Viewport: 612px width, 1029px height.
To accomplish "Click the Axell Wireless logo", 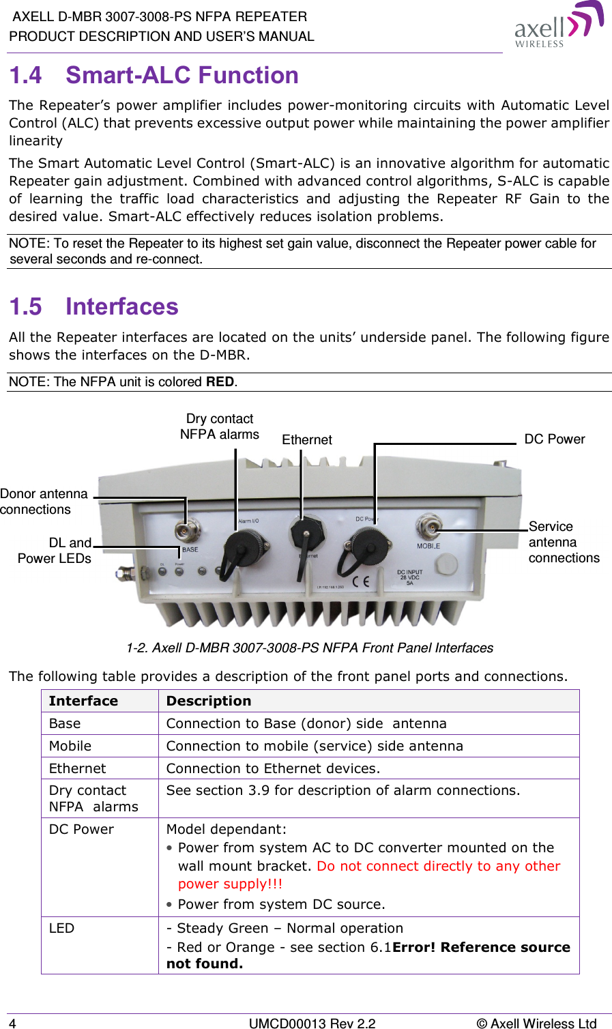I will [558, 25].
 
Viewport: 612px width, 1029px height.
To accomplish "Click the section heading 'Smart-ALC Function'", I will [181, 75].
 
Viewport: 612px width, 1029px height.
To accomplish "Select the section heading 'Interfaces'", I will [121, 306].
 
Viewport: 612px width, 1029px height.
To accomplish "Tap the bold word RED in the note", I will [220, 382].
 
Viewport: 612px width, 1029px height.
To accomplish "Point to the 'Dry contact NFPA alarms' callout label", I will [220, 426].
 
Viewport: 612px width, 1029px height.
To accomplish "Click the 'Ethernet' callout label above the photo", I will [307, 440].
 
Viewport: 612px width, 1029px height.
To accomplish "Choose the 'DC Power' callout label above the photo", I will [554, 439].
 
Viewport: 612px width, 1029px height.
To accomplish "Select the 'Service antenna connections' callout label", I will [563, 542].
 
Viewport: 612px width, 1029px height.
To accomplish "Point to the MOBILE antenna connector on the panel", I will [428, 525].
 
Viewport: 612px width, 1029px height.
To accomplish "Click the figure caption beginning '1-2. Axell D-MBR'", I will [310, 648].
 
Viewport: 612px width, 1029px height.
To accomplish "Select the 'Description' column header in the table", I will [209, 701].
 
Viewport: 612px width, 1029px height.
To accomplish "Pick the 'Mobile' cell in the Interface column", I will [70, 746].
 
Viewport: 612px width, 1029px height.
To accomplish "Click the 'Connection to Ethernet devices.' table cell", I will [273, 768].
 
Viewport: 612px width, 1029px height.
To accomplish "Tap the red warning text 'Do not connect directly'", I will [438, 866].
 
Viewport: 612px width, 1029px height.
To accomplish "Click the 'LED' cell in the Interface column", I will [61, 929].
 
